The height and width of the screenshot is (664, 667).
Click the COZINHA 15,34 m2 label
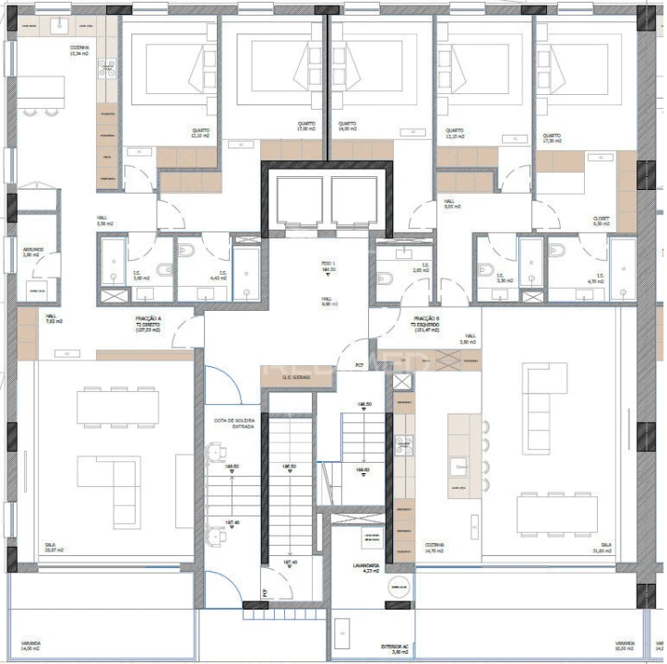pyautogui.click(x=79, y=51)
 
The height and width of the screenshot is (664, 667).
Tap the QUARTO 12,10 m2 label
pyautogui.click(x=200, y=133)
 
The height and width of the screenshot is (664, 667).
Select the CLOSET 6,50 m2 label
pyautogui.click(x=601, y=222)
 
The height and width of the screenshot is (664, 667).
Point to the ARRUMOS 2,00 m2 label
pyautogui.click(x=33, y=251)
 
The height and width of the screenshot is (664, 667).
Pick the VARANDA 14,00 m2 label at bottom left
pyautogui.click(x=31, y=646)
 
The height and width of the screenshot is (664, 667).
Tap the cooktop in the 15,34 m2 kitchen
pyautogui.click(x=107, y=65)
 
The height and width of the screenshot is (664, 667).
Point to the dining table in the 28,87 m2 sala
pyautogui.click(x=117, y=407)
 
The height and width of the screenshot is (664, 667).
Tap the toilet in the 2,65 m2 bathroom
pyautogui.click(x=387, y=278)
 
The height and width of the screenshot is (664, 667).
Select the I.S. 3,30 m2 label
pyautogui.click(x=501, y=277)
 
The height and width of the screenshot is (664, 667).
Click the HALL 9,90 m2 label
pyautogui.click(x=328, y=302)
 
